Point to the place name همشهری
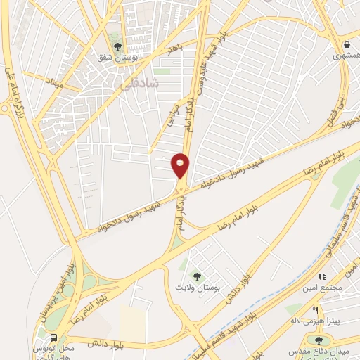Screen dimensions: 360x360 coord(345,56)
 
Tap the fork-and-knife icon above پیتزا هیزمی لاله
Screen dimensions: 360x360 coord(316,310)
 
